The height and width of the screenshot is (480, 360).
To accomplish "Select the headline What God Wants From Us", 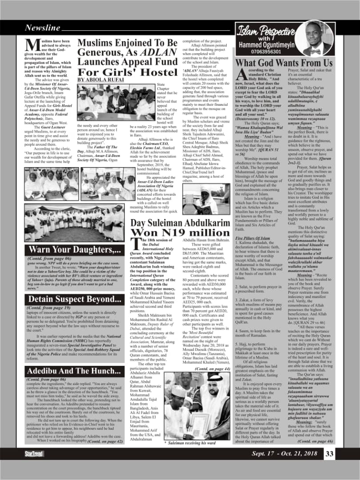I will coord(284,63).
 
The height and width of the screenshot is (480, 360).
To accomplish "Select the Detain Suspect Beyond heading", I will coord(75,287).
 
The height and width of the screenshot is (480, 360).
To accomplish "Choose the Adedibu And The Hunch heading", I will coord(73,371).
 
